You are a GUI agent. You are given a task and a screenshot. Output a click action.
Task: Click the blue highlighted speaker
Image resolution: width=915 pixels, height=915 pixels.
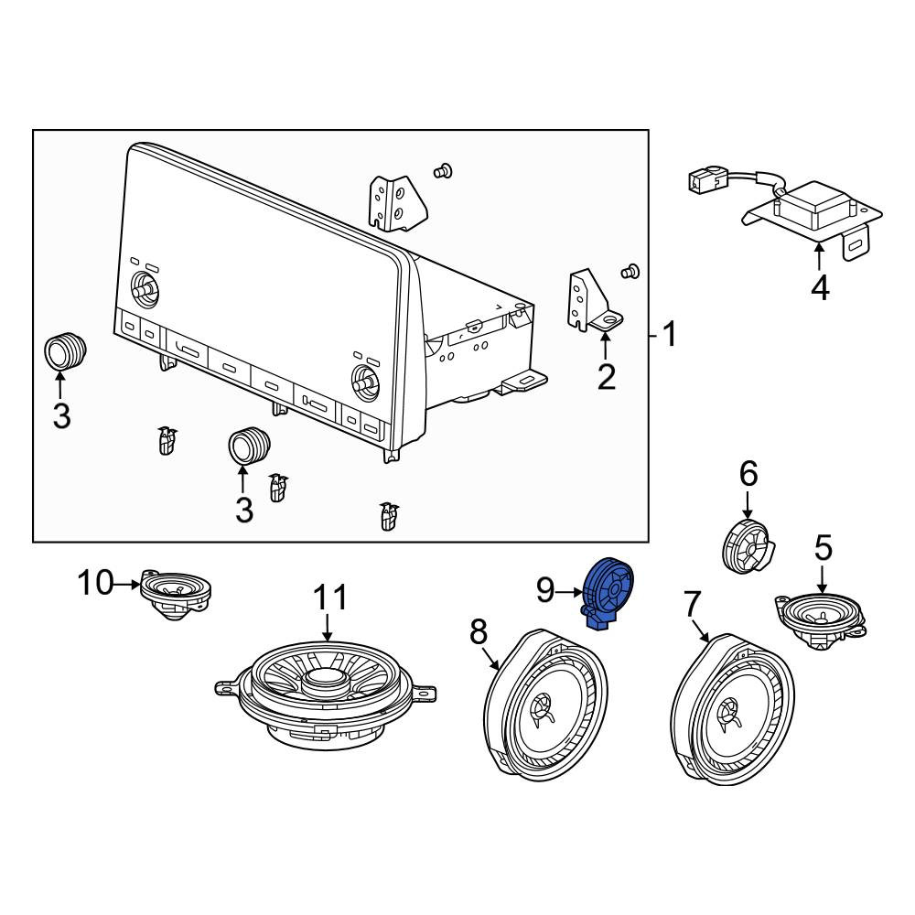pos(608,592)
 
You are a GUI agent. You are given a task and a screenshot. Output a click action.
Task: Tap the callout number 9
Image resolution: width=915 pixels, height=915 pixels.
pos(545,590)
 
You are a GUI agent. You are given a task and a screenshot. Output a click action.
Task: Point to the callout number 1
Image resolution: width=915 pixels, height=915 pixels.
pos(671,334)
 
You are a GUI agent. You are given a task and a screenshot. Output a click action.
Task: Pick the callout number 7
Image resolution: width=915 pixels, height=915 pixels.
pos(691,605)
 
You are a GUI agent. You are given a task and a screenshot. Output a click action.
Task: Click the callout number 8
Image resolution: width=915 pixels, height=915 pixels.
pos(478,631)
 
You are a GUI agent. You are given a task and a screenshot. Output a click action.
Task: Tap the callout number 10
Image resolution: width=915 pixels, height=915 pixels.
pos(96,583)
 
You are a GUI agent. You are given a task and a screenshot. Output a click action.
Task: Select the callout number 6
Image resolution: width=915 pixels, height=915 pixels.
pos(748,473)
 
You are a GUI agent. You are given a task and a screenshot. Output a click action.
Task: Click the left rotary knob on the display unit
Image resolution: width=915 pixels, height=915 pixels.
pos(143,286)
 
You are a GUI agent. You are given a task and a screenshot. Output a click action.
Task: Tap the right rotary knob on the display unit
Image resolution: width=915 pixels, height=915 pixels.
pos(365,381)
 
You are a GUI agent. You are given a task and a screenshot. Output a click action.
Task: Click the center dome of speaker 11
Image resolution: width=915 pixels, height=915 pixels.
pos(323,677)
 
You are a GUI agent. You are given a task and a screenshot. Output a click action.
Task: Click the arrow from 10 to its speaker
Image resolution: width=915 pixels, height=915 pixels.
pos(128,583)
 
